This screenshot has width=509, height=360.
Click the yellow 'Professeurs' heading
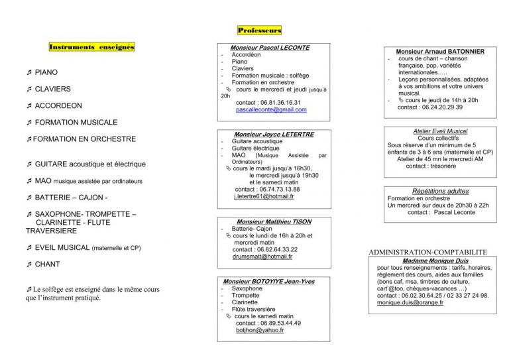click(259, 30)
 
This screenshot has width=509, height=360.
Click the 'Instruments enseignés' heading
click(91, 47)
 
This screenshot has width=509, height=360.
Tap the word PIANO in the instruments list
click(46, 72)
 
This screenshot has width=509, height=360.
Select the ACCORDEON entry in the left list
click(58, 105)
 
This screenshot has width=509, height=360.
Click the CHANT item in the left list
click(47, 264)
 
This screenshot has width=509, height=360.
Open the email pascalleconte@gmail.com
click(270, 109)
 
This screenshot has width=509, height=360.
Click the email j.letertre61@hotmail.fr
click(264, 196)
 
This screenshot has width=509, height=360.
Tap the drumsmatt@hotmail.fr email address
click(263, 256)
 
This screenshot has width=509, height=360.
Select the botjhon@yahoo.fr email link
click(260, 330)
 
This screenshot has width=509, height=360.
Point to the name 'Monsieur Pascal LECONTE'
click(270, 48)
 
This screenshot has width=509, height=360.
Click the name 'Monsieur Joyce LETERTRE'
click(274, 134)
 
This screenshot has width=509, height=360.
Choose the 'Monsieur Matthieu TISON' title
click(274, 221)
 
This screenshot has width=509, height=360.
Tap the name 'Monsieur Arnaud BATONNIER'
click(439, 51)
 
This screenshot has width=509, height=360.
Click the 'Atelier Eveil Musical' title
click(440, 131)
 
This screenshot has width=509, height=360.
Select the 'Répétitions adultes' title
click(440, 191)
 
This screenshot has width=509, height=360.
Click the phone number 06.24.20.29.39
click(439, 107)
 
